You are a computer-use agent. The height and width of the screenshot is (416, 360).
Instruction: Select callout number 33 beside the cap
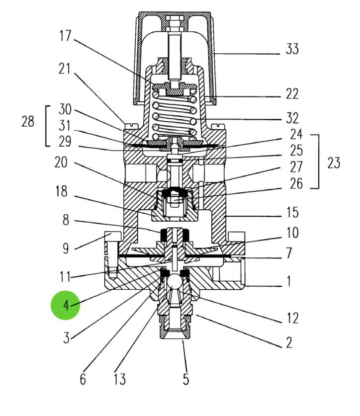[293, 50]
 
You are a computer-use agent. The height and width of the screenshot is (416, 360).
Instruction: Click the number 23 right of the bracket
[334, 162]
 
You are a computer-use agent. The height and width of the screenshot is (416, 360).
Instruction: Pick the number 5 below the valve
[185, 380]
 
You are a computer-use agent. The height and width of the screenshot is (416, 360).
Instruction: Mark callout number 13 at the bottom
[120, 380]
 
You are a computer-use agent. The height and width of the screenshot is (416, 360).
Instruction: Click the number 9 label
[66, 249]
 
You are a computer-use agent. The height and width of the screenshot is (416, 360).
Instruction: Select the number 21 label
[65, 69]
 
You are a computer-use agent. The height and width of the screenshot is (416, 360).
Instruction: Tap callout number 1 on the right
[288, 282]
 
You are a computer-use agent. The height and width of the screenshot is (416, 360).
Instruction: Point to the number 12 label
[293, 318]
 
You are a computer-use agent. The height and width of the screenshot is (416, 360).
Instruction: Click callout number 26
[296, 183]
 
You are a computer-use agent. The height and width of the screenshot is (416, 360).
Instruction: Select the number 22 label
[293, 94]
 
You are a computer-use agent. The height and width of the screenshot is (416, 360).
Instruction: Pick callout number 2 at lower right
[289, 342]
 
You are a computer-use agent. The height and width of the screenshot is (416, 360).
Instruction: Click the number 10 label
[293, 232]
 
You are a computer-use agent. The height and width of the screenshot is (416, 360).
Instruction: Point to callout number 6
[83, 380]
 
